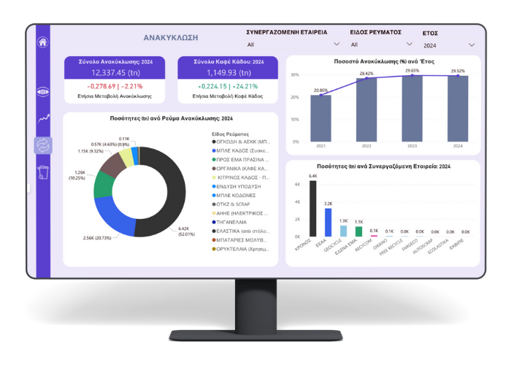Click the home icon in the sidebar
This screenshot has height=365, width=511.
[42, 42]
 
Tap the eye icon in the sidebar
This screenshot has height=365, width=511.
[42, 92]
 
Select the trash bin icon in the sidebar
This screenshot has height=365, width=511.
[42, 172]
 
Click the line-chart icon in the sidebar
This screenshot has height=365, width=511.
[42, 118]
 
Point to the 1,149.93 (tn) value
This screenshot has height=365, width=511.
[228, 73]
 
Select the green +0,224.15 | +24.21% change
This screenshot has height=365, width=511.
[228, 86]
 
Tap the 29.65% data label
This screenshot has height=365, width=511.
[412, 71]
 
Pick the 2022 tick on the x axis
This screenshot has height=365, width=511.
[366, 146]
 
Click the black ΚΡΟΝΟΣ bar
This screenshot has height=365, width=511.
[313, 209]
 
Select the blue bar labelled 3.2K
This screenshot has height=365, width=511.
[328, 223]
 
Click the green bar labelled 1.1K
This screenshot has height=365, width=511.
[358, 231]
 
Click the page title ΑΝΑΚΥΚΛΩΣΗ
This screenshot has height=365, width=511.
[171, 37]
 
